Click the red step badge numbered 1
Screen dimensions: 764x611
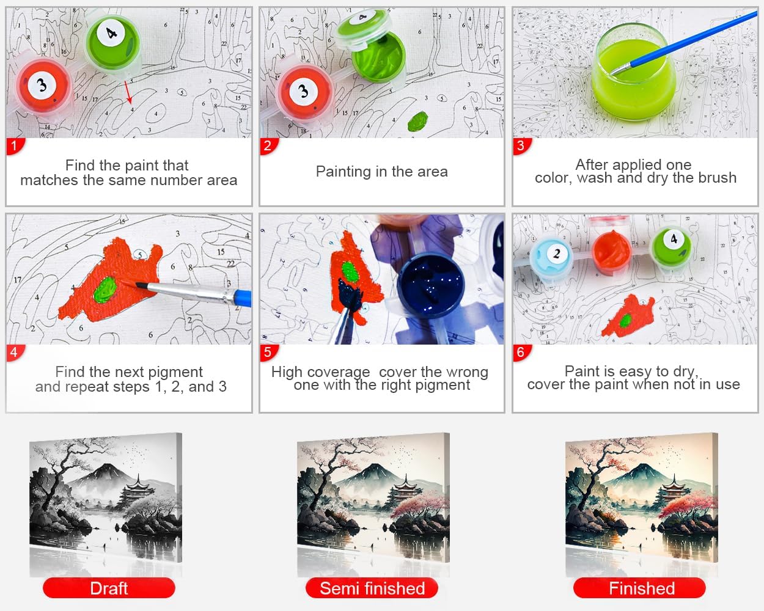15,146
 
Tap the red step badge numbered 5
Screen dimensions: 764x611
268,353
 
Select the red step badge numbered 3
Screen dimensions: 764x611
521,146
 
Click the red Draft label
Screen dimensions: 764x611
109,588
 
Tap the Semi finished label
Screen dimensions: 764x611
372,588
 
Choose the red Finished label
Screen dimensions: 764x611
640,588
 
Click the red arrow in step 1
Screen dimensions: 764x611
128,92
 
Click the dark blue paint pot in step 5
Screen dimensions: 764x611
430,285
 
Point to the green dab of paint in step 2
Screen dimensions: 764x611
417,121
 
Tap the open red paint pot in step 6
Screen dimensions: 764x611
611,253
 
